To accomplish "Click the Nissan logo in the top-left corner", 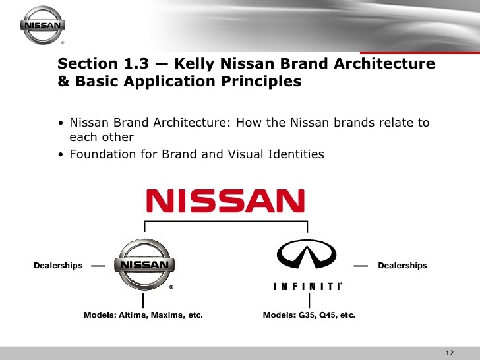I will [x=44, y=26].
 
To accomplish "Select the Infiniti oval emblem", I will [x=306, y=253].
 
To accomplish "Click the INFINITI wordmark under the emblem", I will [x=307, y=287].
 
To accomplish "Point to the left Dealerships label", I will [x=58, y=266].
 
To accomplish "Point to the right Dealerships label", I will [x=402, y=266].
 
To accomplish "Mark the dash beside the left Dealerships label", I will [x=98, y=266].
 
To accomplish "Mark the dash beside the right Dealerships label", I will [x=361, y=266].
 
